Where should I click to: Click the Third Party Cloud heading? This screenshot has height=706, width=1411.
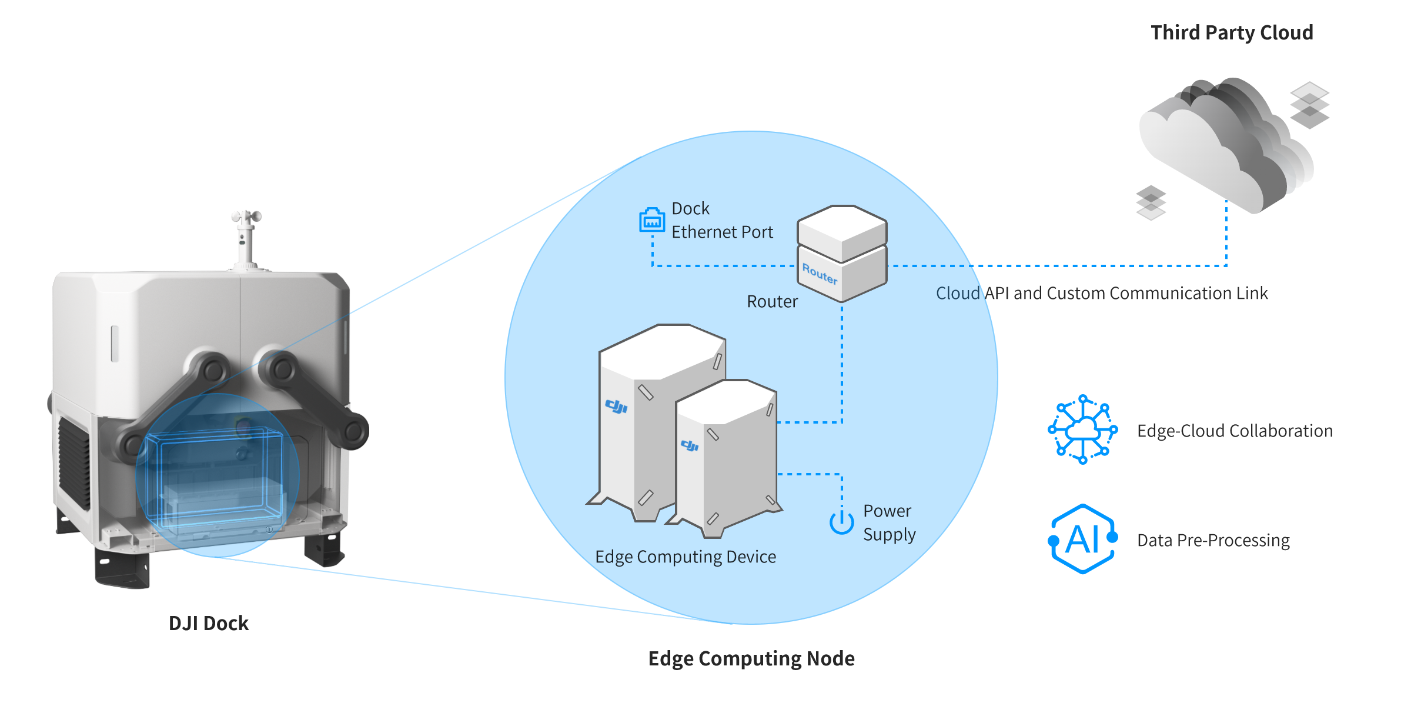(x=1232, y=33)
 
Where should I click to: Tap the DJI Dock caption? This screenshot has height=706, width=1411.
(x=209, y=624)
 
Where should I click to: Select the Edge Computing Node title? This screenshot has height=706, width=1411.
(x=751, y=658)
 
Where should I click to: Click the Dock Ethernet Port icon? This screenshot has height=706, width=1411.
(x=652, y=220)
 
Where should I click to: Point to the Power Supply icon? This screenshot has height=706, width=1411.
(x=841, y=521)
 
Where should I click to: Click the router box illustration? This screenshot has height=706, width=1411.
(x=842, y=253)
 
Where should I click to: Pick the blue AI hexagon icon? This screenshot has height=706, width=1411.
(x=1083, y=539)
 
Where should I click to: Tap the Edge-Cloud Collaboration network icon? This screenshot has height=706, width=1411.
(x=1083, y=429)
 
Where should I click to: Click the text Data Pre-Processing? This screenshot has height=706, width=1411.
(x=1213, y=541)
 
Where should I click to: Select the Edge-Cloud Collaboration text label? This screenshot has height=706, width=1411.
(x=1235, y=431)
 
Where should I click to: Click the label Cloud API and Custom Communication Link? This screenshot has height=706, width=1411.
(x=1102, y=293)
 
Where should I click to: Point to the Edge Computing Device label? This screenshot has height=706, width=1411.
(x=686, y=557)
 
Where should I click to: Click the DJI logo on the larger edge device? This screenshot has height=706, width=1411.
(x=616, y=406)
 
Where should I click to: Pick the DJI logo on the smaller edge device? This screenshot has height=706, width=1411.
(x=690, y=445)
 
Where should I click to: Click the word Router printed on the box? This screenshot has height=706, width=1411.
(x=820, y=274)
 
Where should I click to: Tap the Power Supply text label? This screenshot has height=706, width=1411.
(x=889, y=522)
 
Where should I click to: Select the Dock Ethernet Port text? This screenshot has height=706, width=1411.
(x=722, y=221)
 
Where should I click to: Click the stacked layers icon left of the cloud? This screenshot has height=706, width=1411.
(x=1151, y=202)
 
